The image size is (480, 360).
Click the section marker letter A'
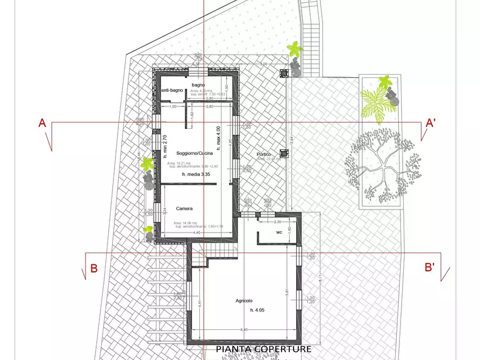pos(430,123)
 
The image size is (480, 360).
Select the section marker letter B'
pos(429,267)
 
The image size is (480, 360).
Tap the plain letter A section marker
pos(42,123)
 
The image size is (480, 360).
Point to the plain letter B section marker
pos(94,269)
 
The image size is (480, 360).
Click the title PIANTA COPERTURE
pos(263,349)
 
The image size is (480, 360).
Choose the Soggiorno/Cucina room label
pos(187,154)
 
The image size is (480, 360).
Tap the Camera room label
pos(184,208)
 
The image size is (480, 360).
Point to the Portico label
pos(264,155)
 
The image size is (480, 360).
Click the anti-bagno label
pos(173,90)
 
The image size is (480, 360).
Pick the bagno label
pos(198,85)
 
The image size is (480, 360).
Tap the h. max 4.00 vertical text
pos(218,138)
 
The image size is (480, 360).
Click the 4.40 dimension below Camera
pos(197,233)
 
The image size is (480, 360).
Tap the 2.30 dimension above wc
pos(278,222)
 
